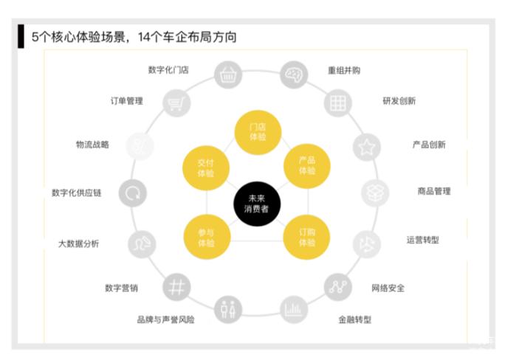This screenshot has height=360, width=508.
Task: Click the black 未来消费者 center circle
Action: (257, 204)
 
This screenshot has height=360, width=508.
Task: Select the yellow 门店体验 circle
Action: (258, 132)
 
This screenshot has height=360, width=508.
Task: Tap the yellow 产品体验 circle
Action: (307, 166)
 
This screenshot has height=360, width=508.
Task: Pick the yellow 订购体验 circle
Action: (306, 238)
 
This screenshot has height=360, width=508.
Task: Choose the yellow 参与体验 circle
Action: (207, 238)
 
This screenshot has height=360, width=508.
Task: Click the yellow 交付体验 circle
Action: (206, 168)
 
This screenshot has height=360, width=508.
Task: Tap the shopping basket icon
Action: (228, 75)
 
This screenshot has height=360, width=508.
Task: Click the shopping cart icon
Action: (176, 103)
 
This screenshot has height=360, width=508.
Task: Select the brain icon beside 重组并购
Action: (294, 75)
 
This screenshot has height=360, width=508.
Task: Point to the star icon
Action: (366, 147)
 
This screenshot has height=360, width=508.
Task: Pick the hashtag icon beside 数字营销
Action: (176, 287)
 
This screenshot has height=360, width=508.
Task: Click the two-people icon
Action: (228, 310)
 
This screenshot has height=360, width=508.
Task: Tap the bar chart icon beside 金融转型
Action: (294, 310)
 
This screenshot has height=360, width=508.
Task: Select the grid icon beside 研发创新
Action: (338, 103)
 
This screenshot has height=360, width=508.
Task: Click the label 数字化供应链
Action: (77, 193)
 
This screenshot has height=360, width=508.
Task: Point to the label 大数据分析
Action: (78, 243)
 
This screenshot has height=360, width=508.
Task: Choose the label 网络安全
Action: (388, 288)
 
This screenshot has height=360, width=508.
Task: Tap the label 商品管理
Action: (434, 191)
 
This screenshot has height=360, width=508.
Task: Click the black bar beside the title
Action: (21, 36)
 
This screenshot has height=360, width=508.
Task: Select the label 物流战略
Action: (92, 145)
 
